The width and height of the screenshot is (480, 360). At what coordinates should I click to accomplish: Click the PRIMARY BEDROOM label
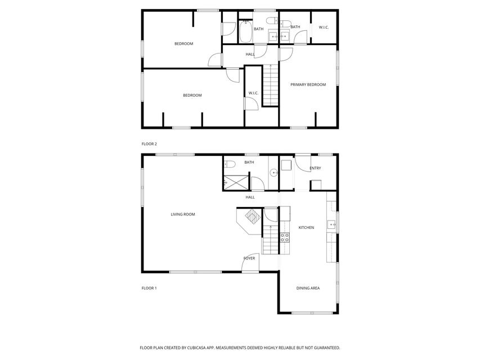click(308, 84)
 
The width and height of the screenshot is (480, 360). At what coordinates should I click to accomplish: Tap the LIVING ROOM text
click(183, 214)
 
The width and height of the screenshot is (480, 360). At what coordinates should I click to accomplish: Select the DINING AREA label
click(308, 288)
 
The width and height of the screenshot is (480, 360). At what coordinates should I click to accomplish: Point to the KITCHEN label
click(306, 227)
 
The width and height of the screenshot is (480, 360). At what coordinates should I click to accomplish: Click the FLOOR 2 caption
click(149, 144)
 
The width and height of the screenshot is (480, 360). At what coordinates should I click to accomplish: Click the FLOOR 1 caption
click(149, 288)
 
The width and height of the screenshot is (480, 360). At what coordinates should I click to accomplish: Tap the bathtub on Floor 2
click(245, 32)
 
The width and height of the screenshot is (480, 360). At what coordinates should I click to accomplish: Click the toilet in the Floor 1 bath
click(228, 165)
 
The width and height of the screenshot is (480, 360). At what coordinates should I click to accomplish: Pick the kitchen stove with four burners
click(285, 237)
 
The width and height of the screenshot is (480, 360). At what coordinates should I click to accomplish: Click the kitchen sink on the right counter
click(332, 225)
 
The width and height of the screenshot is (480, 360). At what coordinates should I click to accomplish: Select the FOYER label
click(249, 258)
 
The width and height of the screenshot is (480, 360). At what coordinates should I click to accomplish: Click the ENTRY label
click(315, 168)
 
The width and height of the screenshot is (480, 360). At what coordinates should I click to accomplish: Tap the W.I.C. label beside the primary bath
click(324, 27)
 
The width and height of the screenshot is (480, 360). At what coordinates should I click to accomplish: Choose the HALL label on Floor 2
click(250, 54)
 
